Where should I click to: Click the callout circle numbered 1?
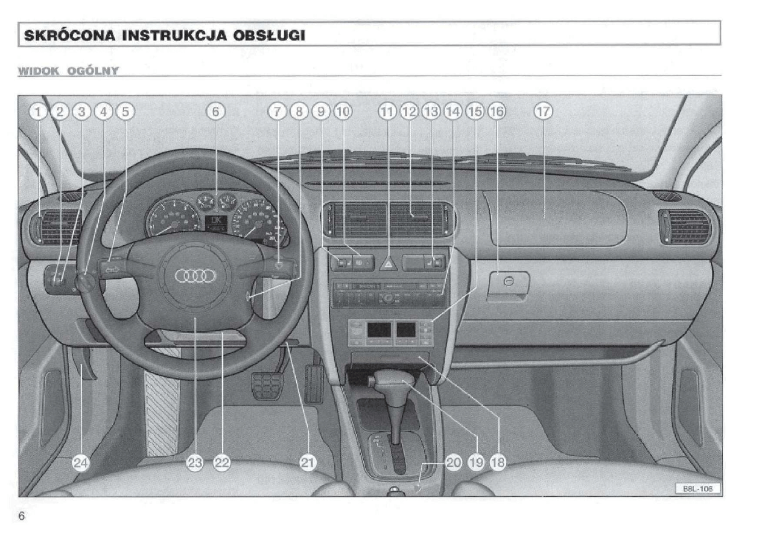click(x=39, y=111)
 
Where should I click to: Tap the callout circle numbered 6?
click(x=215, y=111)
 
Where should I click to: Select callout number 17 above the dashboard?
click(x=544, y=111)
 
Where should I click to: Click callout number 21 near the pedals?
click(x=308, y=463)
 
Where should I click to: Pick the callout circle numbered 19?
click(x=477, y=463)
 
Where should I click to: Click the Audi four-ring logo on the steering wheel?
click(x=195, y=276)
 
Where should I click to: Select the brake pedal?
click(x=266, y=386)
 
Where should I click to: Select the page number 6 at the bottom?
click(x=22, y=515)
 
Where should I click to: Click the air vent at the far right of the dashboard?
click(x=685, y=227)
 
